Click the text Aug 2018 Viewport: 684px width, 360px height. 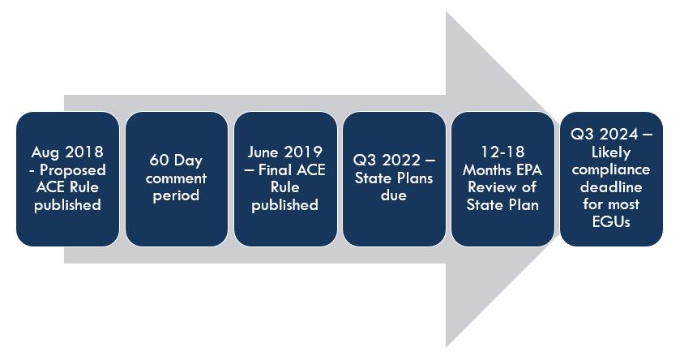point(67,152)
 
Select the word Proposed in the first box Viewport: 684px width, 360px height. point(73,169)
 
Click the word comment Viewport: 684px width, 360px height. point(176,178)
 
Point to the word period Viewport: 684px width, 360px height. point(176,195)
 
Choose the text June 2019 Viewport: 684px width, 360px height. point(284,152)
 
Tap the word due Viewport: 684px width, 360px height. point(394,195)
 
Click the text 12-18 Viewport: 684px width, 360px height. point(502,152)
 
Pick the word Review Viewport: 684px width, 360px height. point(490,187)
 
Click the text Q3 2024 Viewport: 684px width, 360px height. point(605,134)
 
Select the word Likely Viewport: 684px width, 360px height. point(611,152)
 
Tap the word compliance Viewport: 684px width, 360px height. point(611,169)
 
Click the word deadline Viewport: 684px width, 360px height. point(611,187)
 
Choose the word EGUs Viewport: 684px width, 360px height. point(611,222)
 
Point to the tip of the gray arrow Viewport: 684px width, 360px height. point(559,179)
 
